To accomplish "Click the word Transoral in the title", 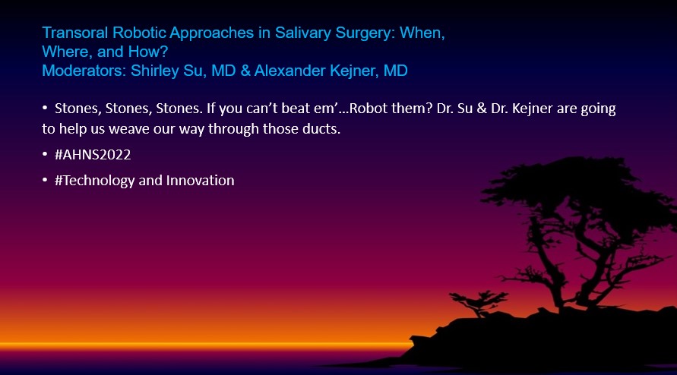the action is [x=75, y=33].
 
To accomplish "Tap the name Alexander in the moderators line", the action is [x=289, y=71].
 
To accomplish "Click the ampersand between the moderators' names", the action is [x=245, y=71].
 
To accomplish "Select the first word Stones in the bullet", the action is [x=78, y=109].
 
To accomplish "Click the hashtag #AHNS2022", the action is [x=93, y=155].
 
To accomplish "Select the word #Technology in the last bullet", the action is [x=94, y=181].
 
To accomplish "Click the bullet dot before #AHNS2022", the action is [x=45, y=154].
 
